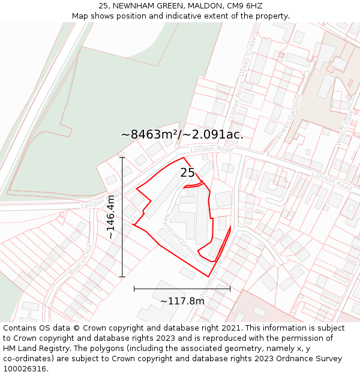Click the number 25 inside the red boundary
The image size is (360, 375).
[187, 173]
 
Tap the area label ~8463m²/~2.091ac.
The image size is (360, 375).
[182, 134]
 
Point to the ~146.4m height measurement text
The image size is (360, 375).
[111, 217]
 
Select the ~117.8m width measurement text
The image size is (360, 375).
[182, 301]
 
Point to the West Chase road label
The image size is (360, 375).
[344, 125]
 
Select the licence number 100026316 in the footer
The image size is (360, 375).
[25, 369]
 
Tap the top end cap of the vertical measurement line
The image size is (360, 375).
[122, 157]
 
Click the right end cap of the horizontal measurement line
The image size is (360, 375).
[230, 289]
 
